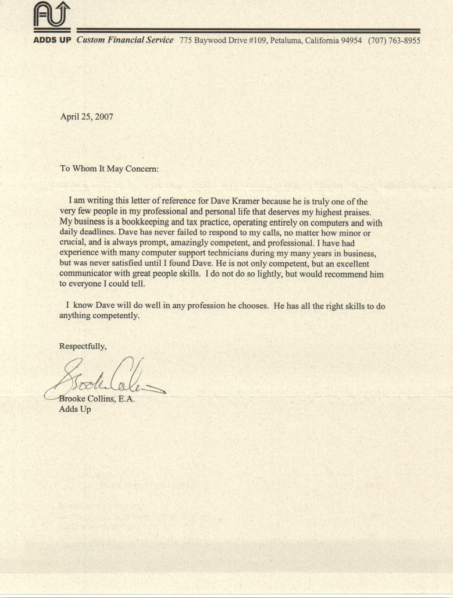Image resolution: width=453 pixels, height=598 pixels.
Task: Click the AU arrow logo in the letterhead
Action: [x=52, y=16]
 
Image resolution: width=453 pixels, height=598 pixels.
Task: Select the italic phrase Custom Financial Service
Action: [x=124, y=41]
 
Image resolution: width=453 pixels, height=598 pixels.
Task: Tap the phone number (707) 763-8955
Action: [x=394, y=41]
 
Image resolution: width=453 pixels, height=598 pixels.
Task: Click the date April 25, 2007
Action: [x=87, y=116]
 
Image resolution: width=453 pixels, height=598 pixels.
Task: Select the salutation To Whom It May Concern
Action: [x=109, y=169]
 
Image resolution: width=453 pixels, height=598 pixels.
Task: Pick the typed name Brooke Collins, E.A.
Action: [x=97, y=399]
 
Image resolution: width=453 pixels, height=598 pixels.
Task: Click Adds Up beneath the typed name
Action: [x=75, y=410]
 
